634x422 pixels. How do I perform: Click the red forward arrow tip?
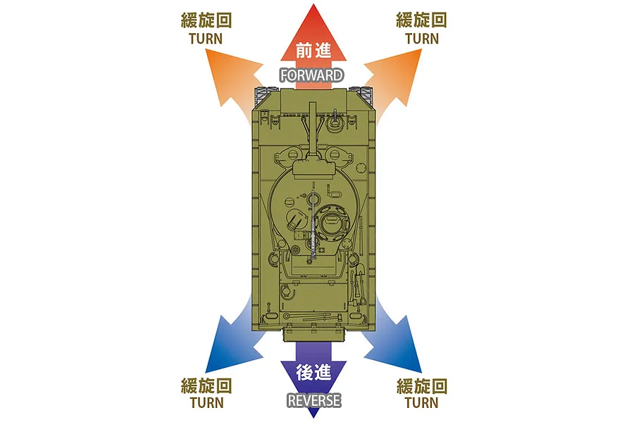pos(313,4)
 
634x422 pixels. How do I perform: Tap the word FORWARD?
pos(312,75)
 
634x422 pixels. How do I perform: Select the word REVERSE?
pos(313,401)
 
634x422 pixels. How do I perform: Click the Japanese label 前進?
pos(313,51)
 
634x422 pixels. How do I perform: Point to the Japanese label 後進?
pos(313,372)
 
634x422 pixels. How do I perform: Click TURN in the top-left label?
pos(206,39)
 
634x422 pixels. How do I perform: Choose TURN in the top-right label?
pos(422,39)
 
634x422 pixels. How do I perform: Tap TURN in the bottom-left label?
pos(206,402)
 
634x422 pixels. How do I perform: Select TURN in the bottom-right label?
pos(421,402)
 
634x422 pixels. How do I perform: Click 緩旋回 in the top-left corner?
pos(206,20)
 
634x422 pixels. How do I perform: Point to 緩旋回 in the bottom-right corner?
pos(422,386)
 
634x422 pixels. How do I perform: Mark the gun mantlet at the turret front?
pos(313,167)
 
